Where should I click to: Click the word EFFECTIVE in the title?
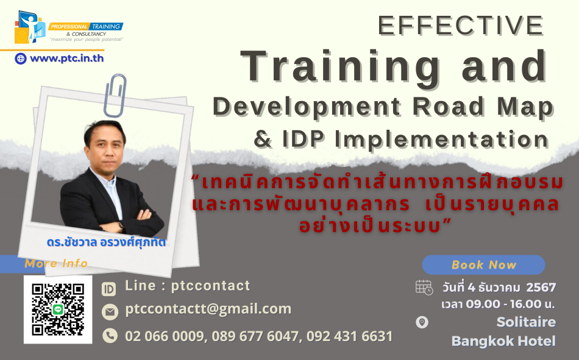(x=461, y=26)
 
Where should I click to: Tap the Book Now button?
(x=483, y=265)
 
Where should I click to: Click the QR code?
(x=58, y=309)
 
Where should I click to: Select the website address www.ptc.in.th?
(x=67, y=58)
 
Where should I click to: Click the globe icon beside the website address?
(x=21, y=58)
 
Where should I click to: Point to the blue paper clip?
(x=115, y=95)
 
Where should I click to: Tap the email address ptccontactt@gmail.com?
(x=208, y=309)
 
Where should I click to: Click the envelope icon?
(x=110, y=312)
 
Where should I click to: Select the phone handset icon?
(x=110, y=336)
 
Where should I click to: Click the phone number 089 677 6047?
(x=255, y=336)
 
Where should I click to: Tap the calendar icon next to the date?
(x=424, y=288)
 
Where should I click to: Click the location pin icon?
(x=422, y=322)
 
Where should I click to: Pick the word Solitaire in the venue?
(x=526, y=322)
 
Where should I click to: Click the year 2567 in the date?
(x=541, y=288)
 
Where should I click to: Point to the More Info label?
(x=56, y=263)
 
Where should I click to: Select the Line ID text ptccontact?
(x=210, y=286)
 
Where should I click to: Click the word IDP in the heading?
(x=303, y=139)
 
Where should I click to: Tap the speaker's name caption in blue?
(x=106, y=242)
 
